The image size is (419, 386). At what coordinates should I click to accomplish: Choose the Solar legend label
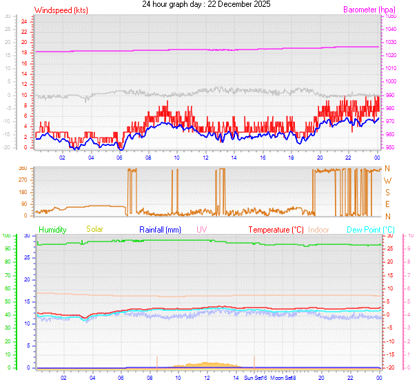pyautogui.click(x=94, y=229)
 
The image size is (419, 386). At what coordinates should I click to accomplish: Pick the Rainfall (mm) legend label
pyautogui.click(x=160, y=229)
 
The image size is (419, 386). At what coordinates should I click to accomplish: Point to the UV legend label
pyautogui.click(x=201, y=229)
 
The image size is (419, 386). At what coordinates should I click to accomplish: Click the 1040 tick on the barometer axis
pyautogui.click(x=391, y=29)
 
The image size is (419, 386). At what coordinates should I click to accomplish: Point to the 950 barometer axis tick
pyautogui.click(x=390, y=147)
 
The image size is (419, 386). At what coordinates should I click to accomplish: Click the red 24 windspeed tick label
pyautogui.click(x=24, y=21)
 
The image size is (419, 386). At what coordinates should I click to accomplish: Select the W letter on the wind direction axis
pyautogui.click(x=387, y=180)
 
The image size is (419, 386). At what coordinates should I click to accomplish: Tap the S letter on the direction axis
pyautogui.click(x=387, y=192)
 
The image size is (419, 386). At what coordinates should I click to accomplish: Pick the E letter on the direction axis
pyautogui.click(x=387, y=204)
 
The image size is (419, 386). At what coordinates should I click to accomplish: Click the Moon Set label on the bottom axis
pyautogui.click(x=282, y=378)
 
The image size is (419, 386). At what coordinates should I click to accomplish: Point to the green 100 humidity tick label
pyautogui.click(x=6, y=236)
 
